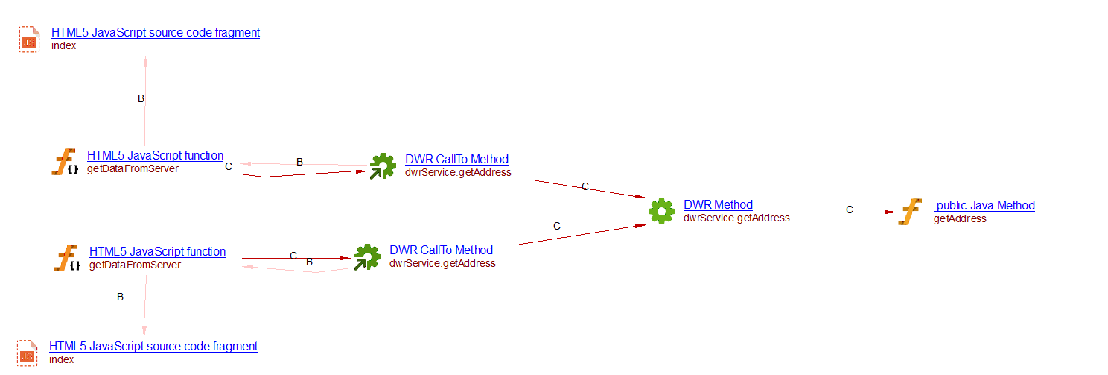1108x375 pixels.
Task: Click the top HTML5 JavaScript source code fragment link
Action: pos(156,33)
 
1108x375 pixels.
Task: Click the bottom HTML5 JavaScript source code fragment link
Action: pos(153,347)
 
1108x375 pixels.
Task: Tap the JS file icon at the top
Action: pos(29,40)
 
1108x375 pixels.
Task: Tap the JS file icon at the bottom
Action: pos(28,353)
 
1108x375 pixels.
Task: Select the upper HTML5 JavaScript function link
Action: pos(155,156)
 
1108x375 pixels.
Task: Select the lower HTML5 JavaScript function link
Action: pos(157,252)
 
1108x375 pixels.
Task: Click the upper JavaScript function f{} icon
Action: pos(66,163)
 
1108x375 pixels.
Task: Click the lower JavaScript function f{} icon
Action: pos(67,258)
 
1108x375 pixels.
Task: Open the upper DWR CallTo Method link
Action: pos(456,160)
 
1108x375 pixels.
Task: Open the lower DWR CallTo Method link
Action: pos(441,250)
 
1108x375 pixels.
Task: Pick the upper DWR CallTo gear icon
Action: pos(383,166)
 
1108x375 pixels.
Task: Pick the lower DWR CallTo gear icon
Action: pos(366,257)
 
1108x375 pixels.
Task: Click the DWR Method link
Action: pos(718,205)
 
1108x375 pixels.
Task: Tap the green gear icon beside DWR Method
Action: pos(661,211)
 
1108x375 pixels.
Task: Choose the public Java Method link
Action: pos(985,206)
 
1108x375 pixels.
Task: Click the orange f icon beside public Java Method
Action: pos(910,212)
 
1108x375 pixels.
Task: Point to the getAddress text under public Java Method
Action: pos(960,218)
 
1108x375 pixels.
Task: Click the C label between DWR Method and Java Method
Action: pos(849,210)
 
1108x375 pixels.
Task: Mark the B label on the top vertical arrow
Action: pos(141,98)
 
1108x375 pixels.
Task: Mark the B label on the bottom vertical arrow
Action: pos(120,297)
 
